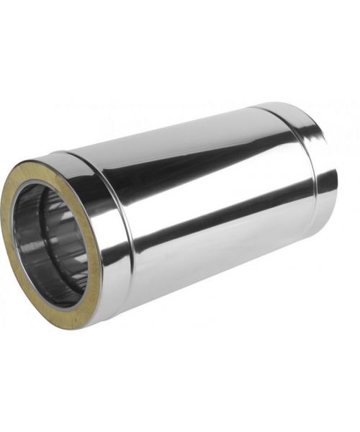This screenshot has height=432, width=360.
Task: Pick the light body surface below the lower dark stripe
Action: coord(216,259)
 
